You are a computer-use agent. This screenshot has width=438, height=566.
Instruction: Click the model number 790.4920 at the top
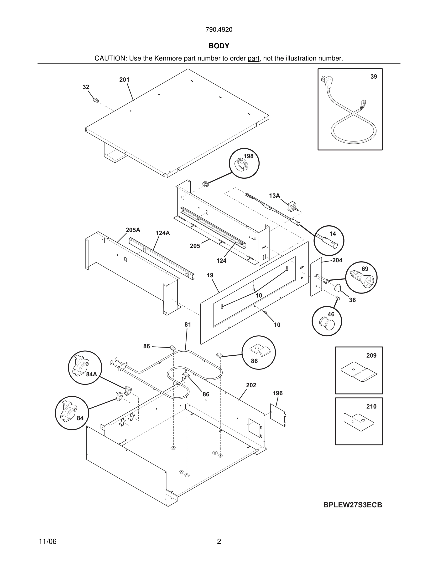click(x=219, y=30)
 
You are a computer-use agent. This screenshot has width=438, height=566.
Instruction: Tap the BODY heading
click(x=219, y=46)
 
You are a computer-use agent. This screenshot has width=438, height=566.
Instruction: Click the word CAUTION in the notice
click(x=110, y=58)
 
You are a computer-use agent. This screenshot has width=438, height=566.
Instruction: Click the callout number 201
click(x=124, y=80)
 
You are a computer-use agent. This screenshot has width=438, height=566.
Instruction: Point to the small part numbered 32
click(x=95, y=100)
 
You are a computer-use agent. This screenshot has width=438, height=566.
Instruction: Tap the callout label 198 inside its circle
click(x=248, y=156)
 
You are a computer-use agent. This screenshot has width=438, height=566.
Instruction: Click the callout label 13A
click(x=274, y=196)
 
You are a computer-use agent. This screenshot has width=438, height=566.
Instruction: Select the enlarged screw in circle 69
click(x=360, y=279)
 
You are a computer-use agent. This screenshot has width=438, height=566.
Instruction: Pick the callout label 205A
click(x=133, y=230)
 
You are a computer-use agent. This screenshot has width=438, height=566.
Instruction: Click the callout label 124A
click(x=162, y=233)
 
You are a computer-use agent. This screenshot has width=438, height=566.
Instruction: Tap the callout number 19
click(x=210, y=275)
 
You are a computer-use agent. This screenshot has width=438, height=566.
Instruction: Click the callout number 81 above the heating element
click(x=188, y=324)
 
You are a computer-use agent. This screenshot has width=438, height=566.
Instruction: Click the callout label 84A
click(x=92, y=374)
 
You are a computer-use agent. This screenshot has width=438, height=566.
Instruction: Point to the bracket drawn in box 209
click(x=359, y=373)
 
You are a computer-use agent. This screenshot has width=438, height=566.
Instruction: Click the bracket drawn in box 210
click(x=359, y=422)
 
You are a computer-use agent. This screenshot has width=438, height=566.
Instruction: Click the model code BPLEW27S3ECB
click(x=352, y=505)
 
